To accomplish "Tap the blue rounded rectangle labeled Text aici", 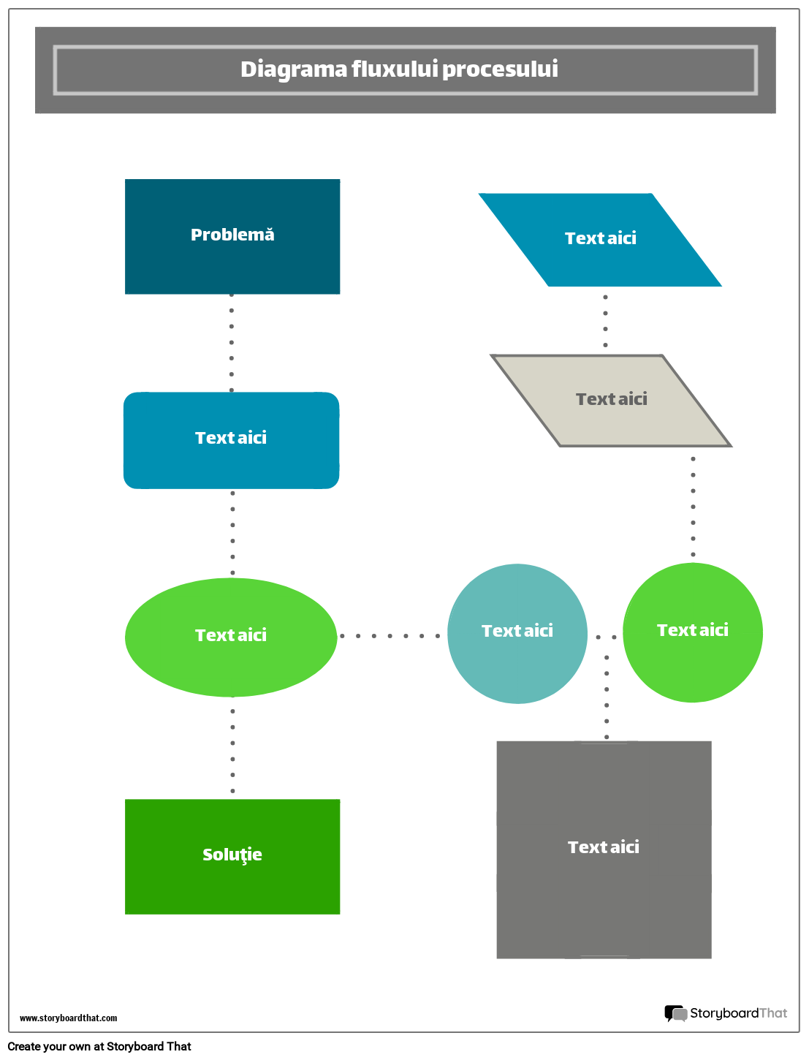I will click(x=231, y=461).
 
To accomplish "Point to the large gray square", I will click(x=604, y=892).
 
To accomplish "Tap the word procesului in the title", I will click(x=500, y=69).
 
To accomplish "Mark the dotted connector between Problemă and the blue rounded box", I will click(x=232, y=342).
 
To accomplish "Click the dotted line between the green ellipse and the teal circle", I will click(x=390, y=636).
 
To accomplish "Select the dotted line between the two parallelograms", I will click(x=605, y=321).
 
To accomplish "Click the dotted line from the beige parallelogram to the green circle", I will click(x=693, y=507).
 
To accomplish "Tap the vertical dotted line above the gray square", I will click(x=607, y=697).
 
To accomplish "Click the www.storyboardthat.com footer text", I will click(x=68, y=1018).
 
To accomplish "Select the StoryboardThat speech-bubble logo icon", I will click(x=675, y=1013).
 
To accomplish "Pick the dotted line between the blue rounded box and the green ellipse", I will click(x=232, y=533).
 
